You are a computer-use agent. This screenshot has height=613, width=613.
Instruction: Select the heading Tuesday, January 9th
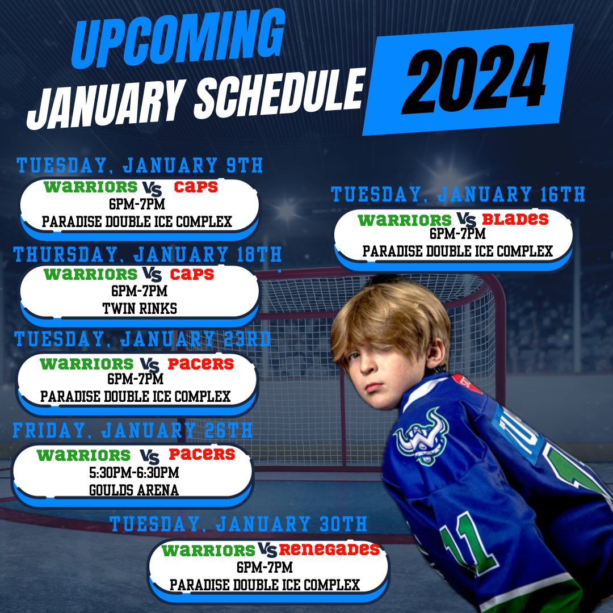(140, 166)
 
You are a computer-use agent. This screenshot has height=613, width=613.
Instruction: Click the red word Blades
(515, 219)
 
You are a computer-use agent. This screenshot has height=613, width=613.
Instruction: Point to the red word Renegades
(329, 549)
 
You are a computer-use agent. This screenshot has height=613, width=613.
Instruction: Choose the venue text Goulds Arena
(134, 489)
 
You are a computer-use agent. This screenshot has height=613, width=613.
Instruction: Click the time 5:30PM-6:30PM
(134, 472)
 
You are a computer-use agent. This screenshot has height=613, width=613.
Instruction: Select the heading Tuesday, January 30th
(238, 523)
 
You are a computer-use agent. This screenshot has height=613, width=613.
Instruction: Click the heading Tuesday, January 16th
(458, 195)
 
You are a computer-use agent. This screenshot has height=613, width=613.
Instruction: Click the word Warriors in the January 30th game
(208, 550)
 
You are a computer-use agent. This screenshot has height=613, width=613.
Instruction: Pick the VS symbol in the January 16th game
(464, 220)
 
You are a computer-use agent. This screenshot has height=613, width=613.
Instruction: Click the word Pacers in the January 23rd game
(201, 363)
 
